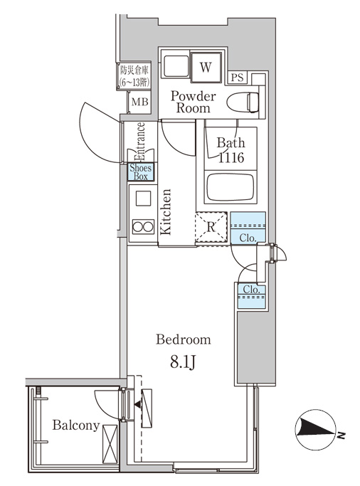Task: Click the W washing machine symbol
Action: pos(206,68)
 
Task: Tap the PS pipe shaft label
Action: pos(238,77)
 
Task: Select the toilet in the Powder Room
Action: pos(243,102)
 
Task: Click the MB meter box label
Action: pos(139,101)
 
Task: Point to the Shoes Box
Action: pos(141,172)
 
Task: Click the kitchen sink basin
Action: pos(143,199)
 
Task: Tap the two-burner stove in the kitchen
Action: pos(143,226)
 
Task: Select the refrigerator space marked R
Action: pos(211,227)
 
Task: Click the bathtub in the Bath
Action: pos(231,187)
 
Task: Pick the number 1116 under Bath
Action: pos(231,158)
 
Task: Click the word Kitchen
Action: pos(166,211)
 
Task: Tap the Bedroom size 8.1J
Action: pos(183,361)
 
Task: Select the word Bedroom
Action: pos(184,339)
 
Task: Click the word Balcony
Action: pos(76,426)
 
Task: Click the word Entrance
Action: pos(140,142)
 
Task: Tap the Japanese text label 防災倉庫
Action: pos(134,70)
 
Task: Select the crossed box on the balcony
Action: pos(110,444)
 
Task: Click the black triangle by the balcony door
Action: pos(137,404)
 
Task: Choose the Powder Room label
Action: pos(194,102)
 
